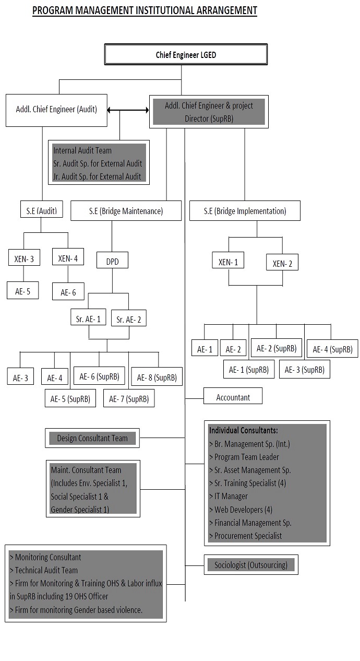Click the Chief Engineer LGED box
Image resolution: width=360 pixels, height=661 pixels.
point(186,55)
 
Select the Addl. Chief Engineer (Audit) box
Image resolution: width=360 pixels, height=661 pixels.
point(56,110)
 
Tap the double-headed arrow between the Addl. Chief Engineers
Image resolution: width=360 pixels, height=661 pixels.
point(128,110)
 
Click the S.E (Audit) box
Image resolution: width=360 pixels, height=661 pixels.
point(42,209)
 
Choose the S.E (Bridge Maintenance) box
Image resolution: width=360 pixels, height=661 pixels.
point(126,211)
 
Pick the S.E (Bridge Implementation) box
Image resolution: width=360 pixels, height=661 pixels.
point(245,211)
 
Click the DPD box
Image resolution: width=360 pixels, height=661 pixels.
point(112,260)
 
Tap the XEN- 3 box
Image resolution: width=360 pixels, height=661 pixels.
point(24,257)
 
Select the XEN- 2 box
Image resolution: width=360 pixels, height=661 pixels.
point(282,262)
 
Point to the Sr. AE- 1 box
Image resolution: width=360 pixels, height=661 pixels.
point(88,317)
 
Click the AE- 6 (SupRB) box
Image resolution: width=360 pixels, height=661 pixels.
point(99,376)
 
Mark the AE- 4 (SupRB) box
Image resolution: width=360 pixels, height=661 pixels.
point(332,349)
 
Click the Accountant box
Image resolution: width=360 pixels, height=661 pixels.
point(233,396)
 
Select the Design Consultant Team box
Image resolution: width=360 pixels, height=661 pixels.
point(92,438)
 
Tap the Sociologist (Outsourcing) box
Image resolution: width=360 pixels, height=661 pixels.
point(251,564)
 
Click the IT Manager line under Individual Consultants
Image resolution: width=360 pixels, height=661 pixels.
point(229,496)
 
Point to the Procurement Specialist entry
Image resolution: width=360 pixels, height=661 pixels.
point(246,535)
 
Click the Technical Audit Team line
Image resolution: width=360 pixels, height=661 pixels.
point(44,570)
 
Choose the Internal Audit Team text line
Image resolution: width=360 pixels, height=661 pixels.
point(82,150)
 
